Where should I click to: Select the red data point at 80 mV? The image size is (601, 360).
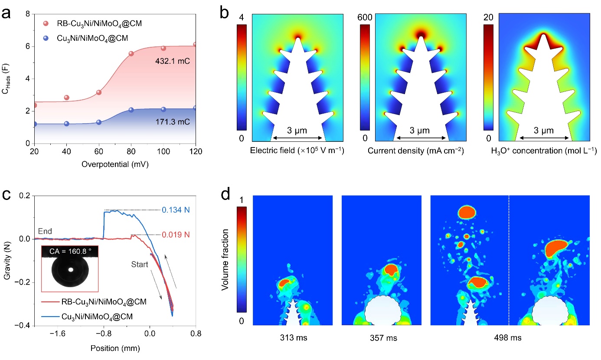[x=131, y=53]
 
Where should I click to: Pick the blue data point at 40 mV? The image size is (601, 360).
[x=66, y=124]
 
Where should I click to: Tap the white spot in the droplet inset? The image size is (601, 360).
[x=70, y=269]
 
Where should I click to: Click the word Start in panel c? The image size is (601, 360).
[x=139, y=264]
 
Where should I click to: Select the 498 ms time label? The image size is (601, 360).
[x=510, y=338]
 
